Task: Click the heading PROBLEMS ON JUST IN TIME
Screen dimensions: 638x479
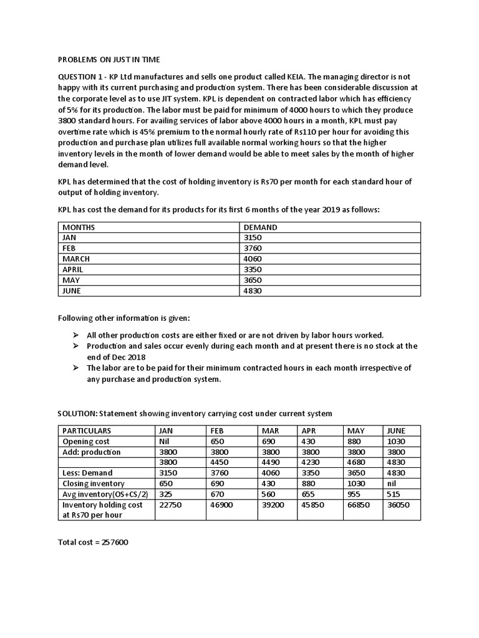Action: [109, 59]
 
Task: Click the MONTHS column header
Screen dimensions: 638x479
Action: [79, 227]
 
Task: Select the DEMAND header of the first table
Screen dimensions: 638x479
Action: [260, 227]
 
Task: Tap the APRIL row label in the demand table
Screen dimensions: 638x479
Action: [73, 270]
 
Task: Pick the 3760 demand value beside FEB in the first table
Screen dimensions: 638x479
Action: [254, 249]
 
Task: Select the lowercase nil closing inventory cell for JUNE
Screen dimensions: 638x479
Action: [392, 483]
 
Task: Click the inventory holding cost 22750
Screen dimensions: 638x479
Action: [171, 505]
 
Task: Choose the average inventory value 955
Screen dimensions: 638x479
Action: [354, 494]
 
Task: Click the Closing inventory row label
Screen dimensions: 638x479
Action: [94, 483]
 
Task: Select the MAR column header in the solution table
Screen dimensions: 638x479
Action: [270, 431]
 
